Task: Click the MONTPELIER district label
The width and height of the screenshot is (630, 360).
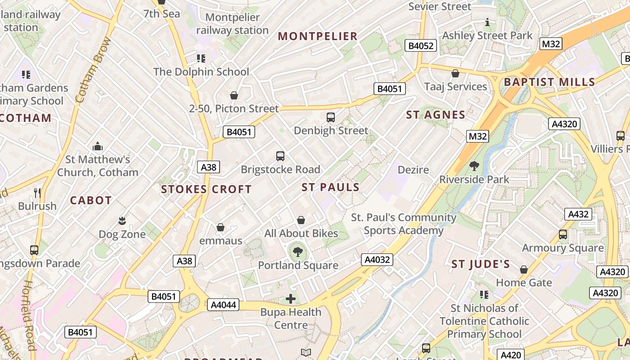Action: pyautogui.click(x=318, y=36)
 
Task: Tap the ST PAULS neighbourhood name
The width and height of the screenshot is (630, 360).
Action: pyautogui.click(x=331, y=187)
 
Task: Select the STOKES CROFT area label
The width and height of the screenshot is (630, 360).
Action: pyautogui.click(x=207, y=189)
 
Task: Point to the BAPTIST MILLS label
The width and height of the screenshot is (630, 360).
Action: pyautogui.click(x=549, y=82)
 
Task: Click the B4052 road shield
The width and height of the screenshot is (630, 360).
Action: pyautogui.click(x=421, y=45)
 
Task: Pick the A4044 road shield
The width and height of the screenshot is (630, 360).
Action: pyautogui.click(x=224, y=305)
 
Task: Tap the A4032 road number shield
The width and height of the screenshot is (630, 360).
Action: pyautogui.click(x=377, y=260)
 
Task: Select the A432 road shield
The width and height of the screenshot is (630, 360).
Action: pyautogui.click(x=578, y=214)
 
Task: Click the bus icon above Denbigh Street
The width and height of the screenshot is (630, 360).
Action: pyautogui.click(x=331, y=117)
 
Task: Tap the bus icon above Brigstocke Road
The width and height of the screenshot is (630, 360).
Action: pyautogui.click(x=280, y=156)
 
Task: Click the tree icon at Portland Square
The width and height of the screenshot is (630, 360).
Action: pyautogui.click(x=297, y=252)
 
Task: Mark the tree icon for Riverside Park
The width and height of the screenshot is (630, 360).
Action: pyautogui.click(x=474, y=166)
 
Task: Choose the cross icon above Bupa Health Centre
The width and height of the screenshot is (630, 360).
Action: pyautogui.click(x=291, y=298)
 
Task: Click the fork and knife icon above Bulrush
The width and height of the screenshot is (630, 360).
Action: pyautogui.click(x=37, y=193)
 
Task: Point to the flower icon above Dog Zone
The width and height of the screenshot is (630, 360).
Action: pyautogui.click(x=121, y=221)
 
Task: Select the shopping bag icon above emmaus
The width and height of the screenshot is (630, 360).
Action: pyautogui.click(x=220, y=227)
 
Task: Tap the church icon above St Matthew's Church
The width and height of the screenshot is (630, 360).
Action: pyautogui.click(x=98, y=146)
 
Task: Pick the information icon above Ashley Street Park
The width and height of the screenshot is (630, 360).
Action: pyautogui.click(x=487, y=22)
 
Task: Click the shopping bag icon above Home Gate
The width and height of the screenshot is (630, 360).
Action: pyautogui.click(x=523, y=270)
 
